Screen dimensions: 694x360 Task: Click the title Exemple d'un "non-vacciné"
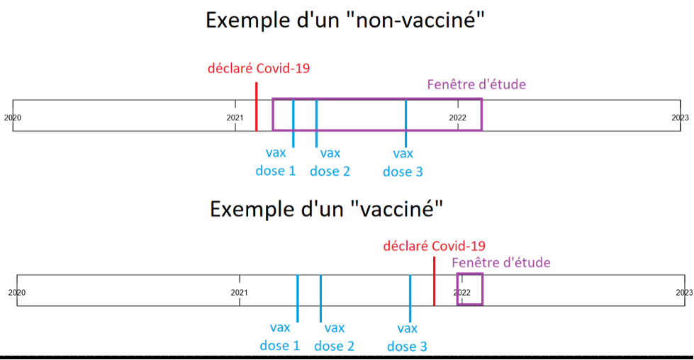point(345,19)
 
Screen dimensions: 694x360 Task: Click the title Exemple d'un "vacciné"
point(327,209)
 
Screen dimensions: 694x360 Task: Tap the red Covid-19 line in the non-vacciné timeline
point(256,106)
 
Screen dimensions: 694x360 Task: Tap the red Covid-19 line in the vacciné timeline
point(434,281)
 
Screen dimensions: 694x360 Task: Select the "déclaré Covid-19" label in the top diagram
point(259,69)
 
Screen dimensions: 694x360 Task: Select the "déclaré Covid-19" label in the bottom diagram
point(434,246)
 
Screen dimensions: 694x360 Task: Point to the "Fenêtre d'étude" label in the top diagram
point(476,84)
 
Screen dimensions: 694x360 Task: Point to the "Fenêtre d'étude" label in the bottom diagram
point(501,262)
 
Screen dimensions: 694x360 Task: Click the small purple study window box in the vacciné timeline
point(470,289)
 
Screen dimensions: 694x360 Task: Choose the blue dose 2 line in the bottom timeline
point(320,298)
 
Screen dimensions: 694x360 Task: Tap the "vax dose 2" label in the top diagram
point(330,162)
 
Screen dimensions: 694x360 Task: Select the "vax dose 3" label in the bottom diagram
point(407,337)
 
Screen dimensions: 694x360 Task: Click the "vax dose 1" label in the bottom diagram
point(280,337)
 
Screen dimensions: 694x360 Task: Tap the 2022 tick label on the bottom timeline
point(462,292)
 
